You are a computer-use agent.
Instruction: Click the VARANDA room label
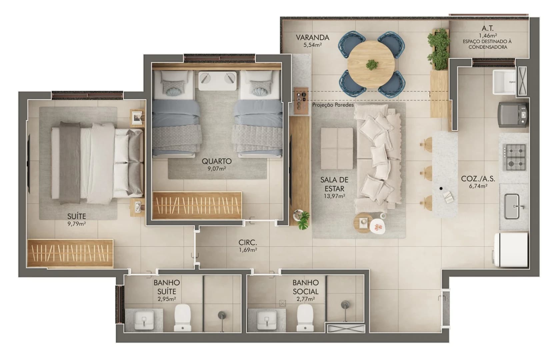[x=312, y=37]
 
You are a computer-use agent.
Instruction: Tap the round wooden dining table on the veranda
[x=371, y=65]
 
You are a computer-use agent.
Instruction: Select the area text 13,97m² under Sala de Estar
[x=334, y=196]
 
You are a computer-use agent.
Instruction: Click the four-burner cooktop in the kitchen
[x=514, y=157]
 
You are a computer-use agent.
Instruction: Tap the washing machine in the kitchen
[x=513, y=114]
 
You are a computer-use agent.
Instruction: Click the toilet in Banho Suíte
[x=183, y=318]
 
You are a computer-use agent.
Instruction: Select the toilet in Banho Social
[x=305, y=318]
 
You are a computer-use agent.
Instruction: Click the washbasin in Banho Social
[x=267, y=320]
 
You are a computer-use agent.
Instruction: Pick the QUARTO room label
[x=216, y=161]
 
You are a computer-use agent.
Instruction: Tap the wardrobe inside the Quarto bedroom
[x=197, y=205]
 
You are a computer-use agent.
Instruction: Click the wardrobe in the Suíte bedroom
[x=70, y=253]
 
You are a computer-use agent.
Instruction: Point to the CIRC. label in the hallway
[x=248, y=243]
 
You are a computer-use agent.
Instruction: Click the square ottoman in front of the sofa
[x=337, y=148]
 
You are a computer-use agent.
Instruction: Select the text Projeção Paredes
[x=333, y=105]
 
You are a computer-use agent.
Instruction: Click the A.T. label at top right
[x=487, y=29]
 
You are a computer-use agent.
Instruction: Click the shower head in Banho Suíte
[x=222, y=315]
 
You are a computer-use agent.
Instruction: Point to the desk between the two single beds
[x=219, y=80]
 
